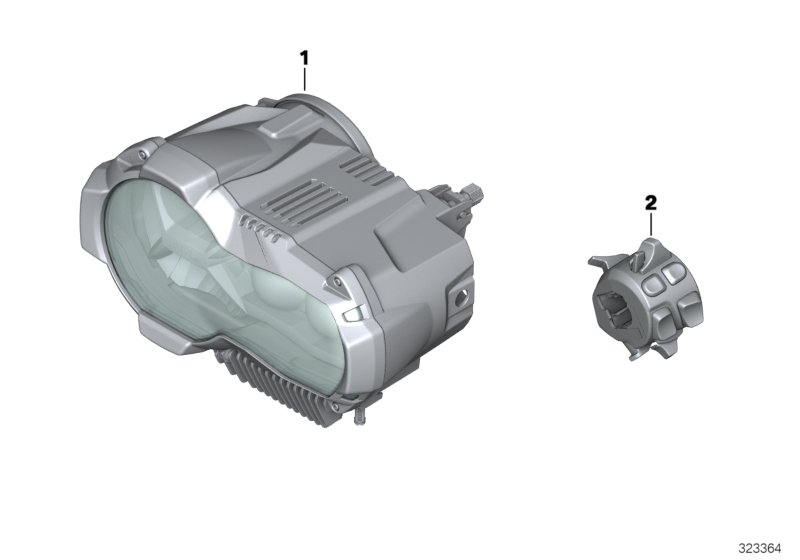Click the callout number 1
[305, 58]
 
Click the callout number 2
[651, 203]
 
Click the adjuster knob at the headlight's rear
[470, 189]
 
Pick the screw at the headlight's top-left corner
[144, 154]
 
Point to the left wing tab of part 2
[592, 263]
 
